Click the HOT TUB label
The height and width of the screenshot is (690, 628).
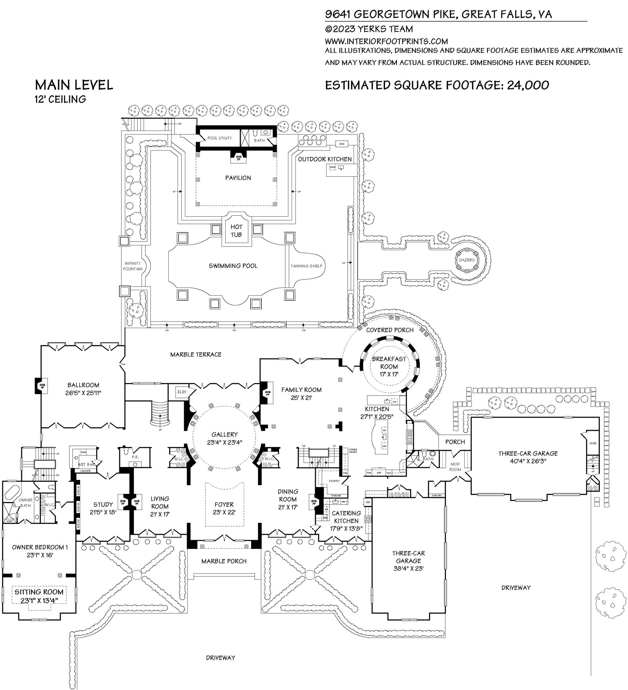[236, 231]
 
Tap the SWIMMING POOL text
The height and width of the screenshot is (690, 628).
[233, 266]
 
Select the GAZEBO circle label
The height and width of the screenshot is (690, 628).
[467, 260]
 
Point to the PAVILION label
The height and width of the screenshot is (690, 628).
[238, 178]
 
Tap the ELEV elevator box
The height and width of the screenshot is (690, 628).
[182, 392]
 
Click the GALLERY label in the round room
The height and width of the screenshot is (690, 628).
[225, 434]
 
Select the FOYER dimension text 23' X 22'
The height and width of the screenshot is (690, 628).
[224, 512]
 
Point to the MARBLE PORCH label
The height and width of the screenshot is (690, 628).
[224, 561]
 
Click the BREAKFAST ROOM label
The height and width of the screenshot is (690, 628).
[389, 363]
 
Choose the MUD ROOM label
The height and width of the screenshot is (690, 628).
[455, 467]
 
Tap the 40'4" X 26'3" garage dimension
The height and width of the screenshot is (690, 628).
[528, 461]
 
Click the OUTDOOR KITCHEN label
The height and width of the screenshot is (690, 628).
[325, 159]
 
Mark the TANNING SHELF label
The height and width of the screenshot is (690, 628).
[306, 266]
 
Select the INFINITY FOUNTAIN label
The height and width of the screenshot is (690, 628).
[133, 266]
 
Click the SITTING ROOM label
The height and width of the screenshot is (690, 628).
[39, 592]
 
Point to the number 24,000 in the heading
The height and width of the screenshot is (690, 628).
[528, 85]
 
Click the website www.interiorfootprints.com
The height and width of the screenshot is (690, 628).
[386, 41]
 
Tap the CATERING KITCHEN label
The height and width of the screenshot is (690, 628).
[346, 517]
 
